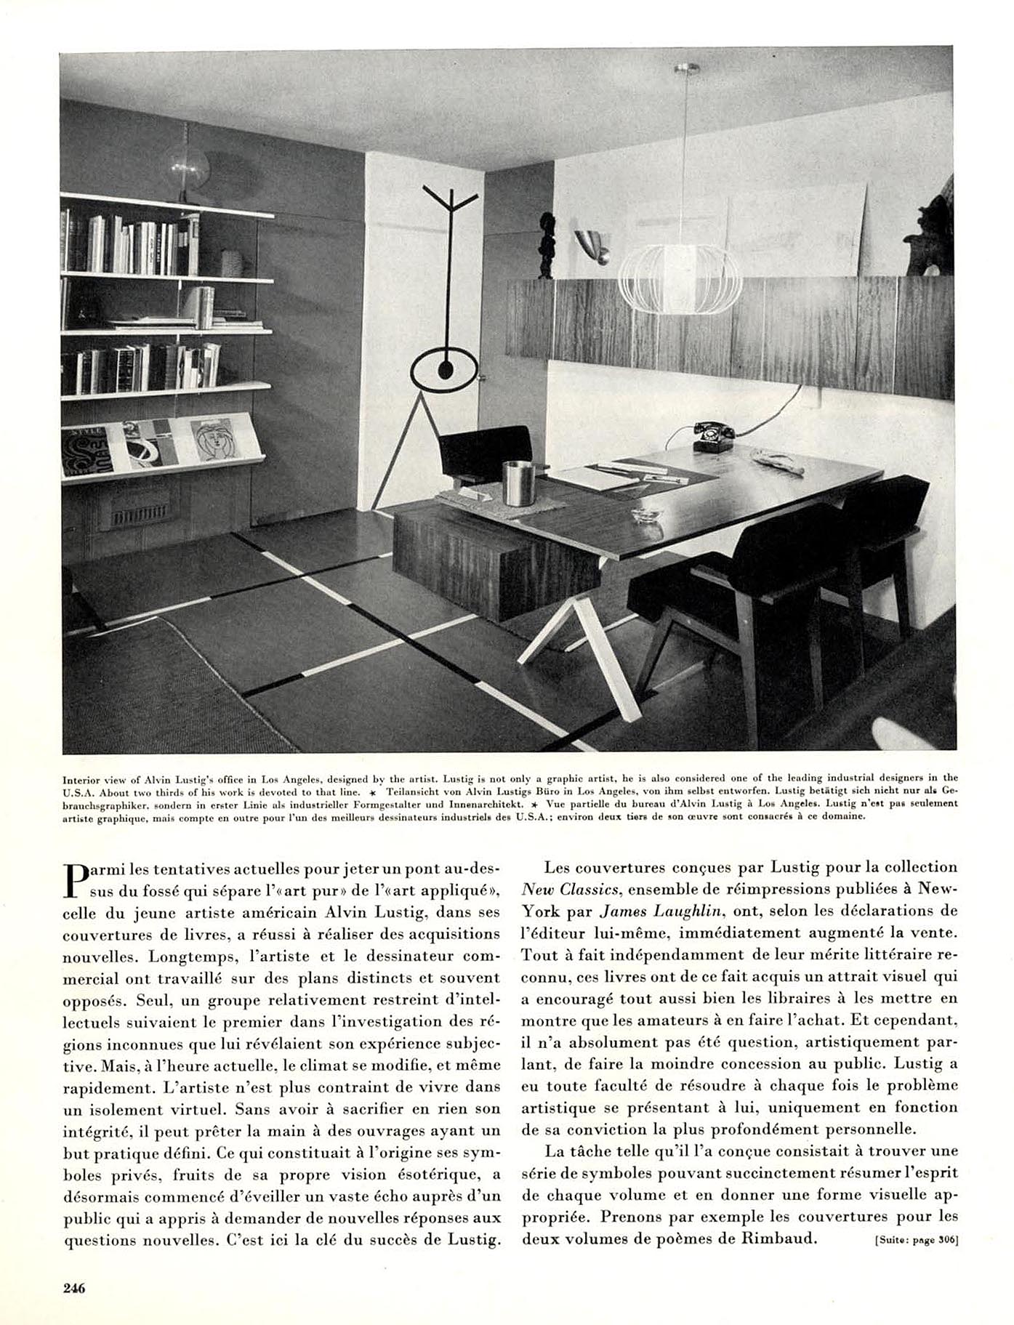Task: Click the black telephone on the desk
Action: click(712, 436)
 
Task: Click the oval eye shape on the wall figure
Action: click(443, 369)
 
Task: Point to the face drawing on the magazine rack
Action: click(215, 440)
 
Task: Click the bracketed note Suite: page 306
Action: click(916, 1241)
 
